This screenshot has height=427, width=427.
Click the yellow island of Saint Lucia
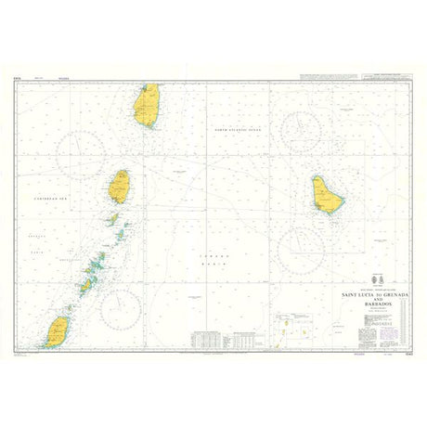(147, 104)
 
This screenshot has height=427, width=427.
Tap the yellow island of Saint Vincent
(120, 186)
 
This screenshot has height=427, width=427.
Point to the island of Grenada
(58, 330)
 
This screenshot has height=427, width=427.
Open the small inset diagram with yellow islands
(292, 328)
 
